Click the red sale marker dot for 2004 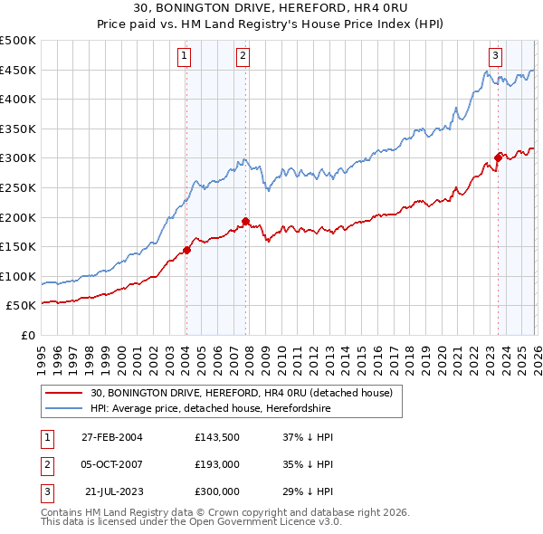186,250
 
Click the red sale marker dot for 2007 244,221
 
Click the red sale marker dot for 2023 497,158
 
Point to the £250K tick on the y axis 18,187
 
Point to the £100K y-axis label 18,276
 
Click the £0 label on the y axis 27,335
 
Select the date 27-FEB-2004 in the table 112,437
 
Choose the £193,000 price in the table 217,464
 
